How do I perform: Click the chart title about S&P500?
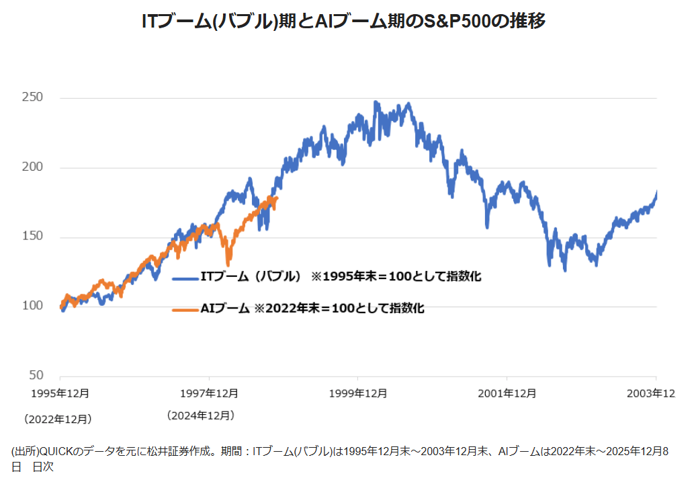click(343, 21)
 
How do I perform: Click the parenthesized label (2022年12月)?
click(57, 419)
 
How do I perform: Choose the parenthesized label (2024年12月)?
click(200, 415)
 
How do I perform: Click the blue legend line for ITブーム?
click(185, 276)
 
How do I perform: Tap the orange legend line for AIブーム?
click(185, 309)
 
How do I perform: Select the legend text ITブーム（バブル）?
click(250, 276)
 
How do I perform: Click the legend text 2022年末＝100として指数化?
click(346, 309)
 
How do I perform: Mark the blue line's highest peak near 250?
click(376, 102)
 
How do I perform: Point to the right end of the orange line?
click(277, 197)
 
